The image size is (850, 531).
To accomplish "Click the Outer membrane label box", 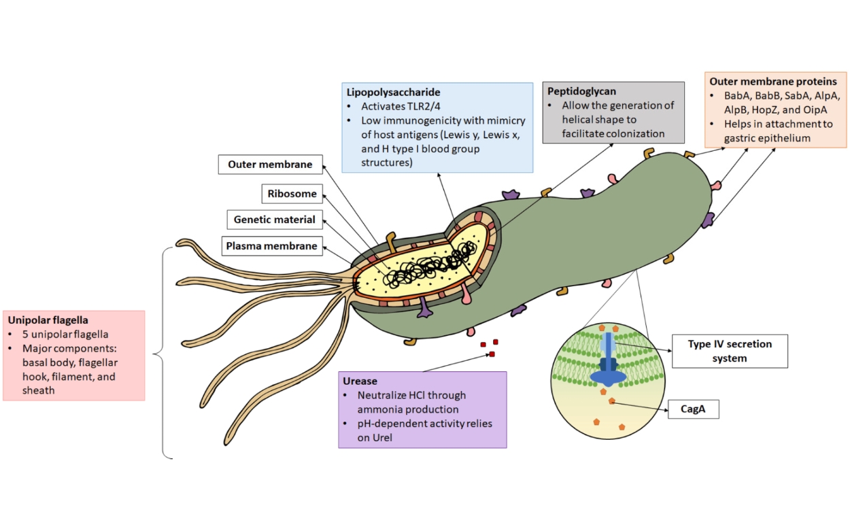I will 270,165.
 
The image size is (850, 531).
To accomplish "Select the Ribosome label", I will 292,194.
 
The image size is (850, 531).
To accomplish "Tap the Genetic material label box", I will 275,220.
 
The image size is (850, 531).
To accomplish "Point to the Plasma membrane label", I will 272,246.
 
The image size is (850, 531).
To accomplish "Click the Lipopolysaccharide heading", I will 393,92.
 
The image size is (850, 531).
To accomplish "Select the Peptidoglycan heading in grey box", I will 582,90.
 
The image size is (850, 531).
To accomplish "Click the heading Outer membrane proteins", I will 772,81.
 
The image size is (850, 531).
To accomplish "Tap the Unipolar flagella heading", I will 48,320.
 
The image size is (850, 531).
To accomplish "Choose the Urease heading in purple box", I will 360,381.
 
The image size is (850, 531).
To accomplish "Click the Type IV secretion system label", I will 730,350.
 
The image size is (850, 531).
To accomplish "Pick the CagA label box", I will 694,409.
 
